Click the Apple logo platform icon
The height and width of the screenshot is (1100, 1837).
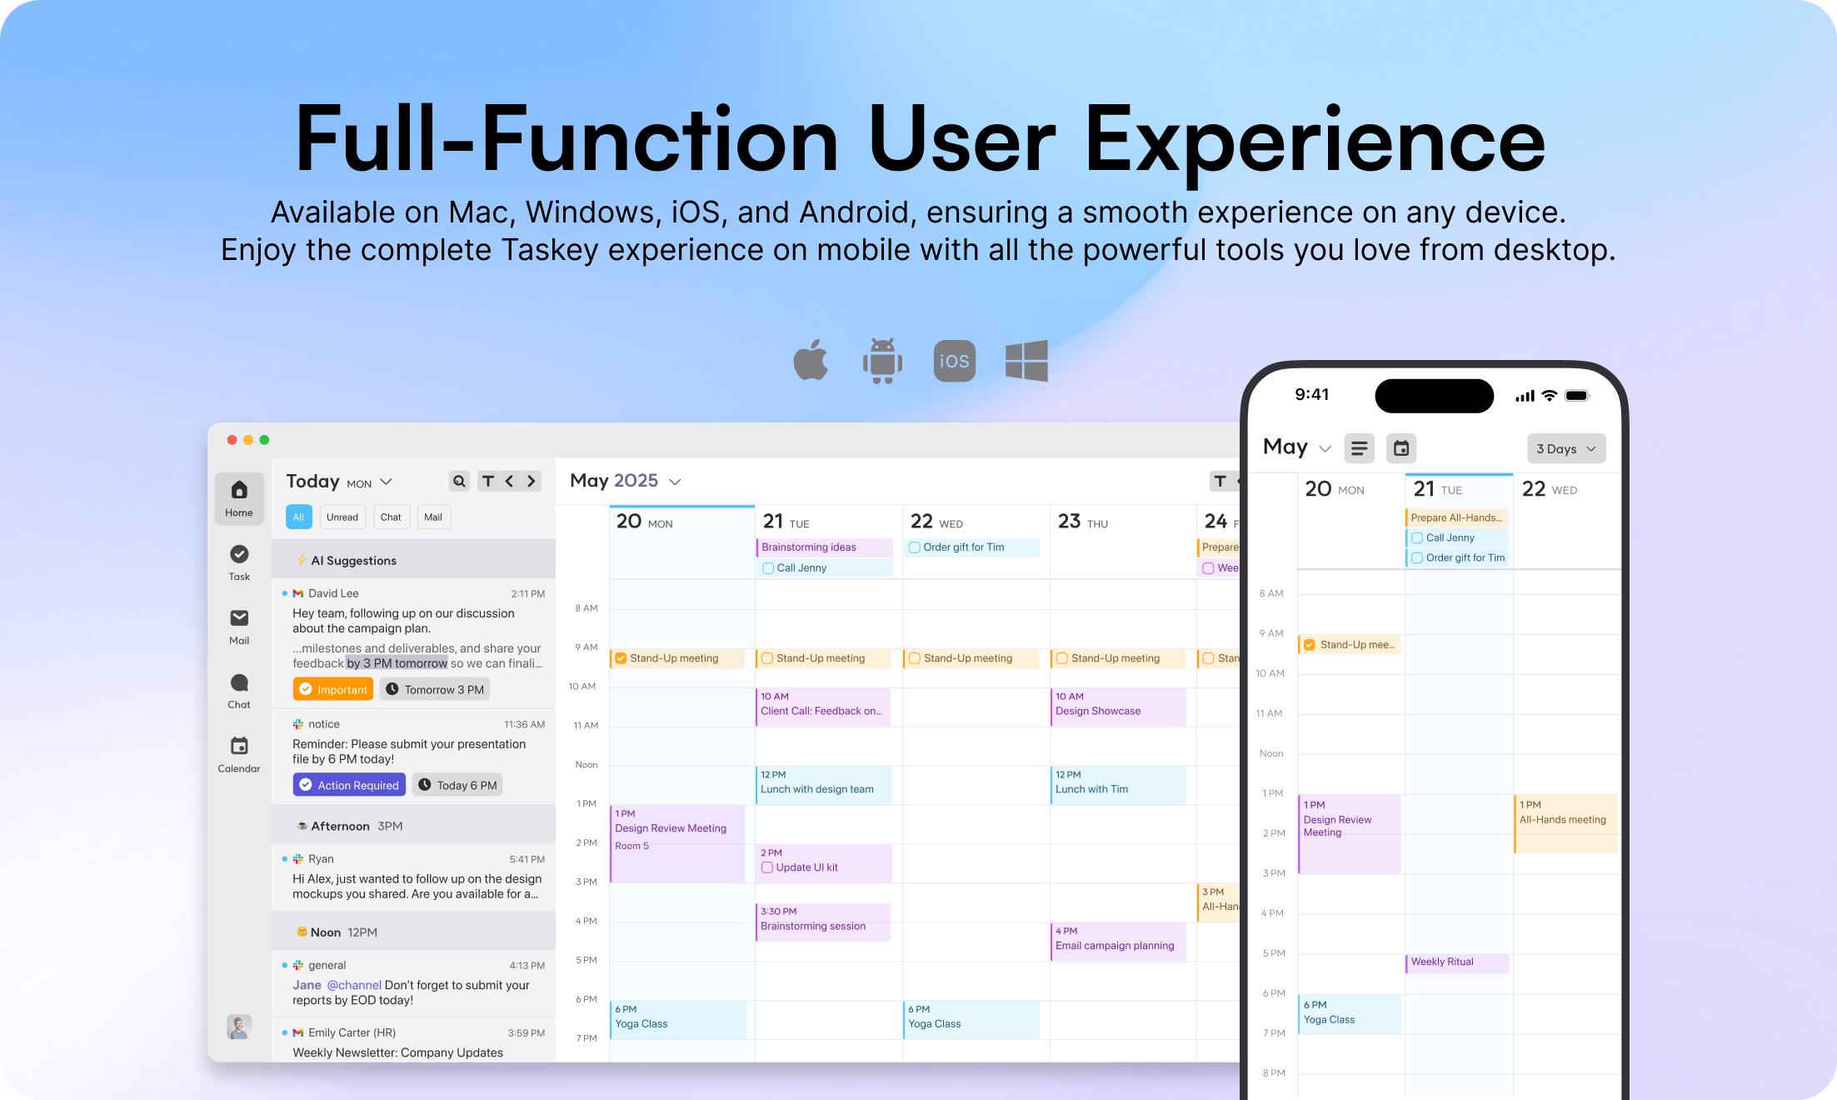(x=811, y=360)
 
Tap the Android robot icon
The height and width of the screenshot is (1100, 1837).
(x=882, y=361)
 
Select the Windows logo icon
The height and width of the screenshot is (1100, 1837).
(x=1026, y=361)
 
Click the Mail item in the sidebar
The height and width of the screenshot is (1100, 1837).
(x=239, y=627)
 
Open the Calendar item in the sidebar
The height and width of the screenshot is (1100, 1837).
(x=239, y=755)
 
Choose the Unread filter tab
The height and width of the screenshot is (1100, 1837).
(x=342, y=517)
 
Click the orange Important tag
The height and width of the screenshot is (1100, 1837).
(x=332, y=689)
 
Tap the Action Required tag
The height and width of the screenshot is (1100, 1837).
(x=349, y=785)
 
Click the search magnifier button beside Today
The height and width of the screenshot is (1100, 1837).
(x=459, y=481)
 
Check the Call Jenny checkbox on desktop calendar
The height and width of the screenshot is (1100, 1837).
(x=768, y=568)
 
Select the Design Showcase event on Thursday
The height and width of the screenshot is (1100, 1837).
(x=1118, y=707)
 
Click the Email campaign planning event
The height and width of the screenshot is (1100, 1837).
(x=1118, y=941)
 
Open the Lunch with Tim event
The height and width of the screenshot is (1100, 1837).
(x=1118, y=785)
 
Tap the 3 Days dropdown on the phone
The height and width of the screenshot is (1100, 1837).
(x=1566, y=448)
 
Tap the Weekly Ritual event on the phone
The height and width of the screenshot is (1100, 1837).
(x=1457, y=963)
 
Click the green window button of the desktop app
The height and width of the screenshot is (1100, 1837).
(x=264, y=440)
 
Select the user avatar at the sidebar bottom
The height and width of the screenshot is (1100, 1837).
(x=239, y=1027)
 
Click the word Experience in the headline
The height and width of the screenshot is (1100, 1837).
(x=1315, y=141)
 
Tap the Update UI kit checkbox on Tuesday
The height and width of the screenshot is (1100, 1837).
(x=767, y=867)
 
